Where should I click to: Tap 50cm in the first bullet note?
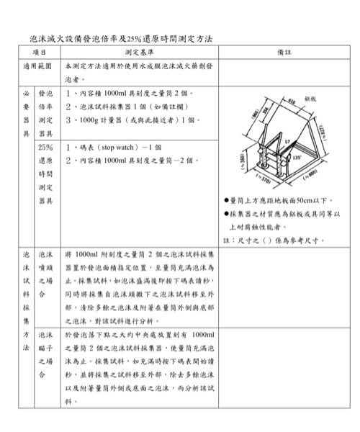click(303, 199)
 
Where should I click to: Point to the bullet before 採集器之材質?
click(225, 214)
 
